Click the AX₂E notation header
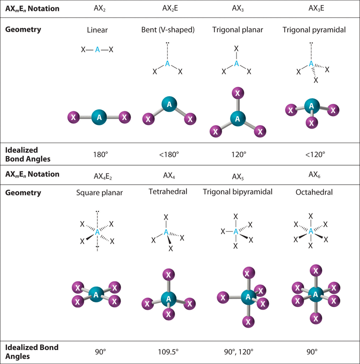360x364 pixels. pyautogui.click(x=167, y=8)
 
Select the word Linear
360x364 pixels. pyautogui.click(x=97, y=30)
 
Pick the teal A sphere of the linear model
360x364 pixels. pyautogui.click(x=100, y=117)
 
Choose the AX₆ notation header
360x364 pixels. pyautogui.click(x=310, y=174)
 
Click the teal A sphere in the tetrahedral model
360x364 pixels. pyautogui.click(x=167, y=299)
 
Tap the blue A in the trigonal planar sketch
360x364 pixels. pyautogui.click(x=237, y=63)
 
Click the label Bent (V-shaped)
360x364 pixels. pyautogui.click(x=167, y=30)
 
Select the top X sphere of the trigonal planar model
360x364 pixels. pyautogui.click(x=237, y=93)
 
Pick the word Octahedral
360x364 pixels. pyautogui.click(x=310, y=192)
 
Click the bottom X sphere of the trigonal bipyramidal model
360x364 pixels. pyautogui.click(x=248, y=322)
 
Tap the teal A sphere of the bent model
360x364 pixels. pyautogui.click(x=167, y=104)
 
